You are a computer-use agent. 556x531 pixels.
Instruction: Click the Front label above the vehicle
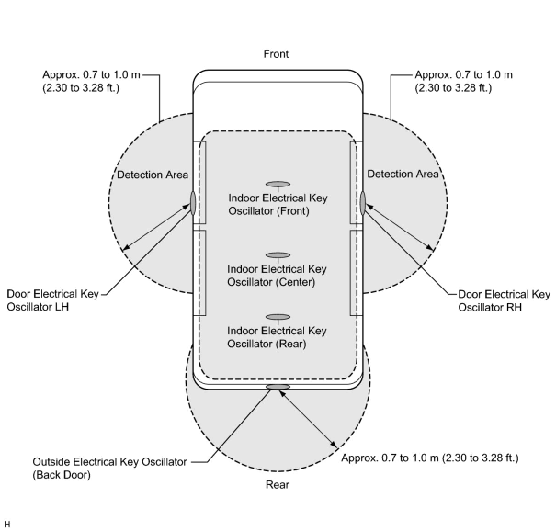tap(276, 54)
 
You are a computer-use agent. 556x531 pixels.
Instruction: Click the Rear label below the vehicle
tap(277, 485)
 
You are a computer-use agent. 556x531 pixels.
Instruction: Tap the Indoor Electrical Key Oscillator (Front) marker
tap(278, 184)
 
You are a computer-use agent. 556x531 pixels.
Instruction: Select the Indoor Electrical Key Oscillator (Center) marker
tap(278, 255)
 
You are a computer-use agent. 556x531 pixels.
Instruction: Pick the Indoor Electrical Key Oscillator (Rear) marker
tap(278, 317)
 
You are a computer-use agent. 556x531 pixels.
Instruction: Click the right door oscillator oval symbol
tap(363, 203)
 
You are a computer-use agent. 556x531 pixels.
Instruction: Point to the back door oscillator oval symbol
tap(278, 387)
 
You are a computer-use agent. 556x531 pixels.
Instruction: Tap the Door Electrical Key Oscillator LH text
tap(52, 300)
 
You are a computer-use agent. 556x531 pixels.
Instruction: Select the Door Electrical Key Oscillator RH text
tap(504, 300)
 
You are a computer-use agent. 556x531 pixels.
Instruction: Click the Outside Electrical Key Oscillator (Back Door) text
tap(109, 468)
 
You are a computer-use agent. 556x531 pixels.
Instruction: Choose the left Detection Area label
tap(152, 175)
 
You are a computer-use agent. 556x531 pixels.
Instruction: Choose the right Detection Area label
tap(403, 174)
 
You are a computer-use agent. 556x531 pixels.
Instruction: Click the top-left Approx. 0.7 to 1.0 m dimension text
tap(91, 81)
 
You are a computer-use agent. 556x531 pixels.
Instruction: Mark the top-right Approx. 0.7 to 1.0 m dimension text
tap(463, 81)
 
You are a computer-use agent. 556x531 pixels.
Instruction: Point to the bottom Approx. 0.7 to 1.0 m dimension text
tap(430, 458)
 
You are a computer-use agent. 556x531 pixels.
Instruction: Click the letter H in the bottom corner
tap(6, 524)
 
